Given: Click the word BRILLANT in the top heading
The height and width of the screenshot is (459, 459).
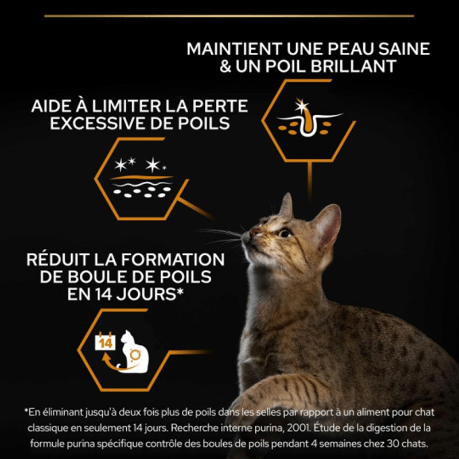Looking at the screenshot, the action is pyautogui.click(x=353, y=66).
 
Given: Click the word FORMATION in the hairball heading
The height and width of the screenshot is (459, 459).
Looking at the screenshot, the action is pyautogui.click(x=173, y=259).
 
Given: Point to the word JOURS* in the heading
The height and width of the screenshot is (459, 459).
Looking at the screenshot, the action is pyautogui.click(x=150, y=294).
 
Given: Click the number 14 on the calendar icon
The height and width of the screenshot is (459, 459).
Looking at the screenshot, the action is pyautogui.click(x=106, y=343).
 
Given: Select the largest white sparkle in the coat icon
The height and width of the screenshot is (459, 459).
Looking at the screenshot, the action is pyautogui.click(x=153, y=165).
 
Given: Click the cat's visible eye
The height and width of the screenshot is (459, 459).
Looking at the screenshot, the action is pyautogui.click(x=284, y=233).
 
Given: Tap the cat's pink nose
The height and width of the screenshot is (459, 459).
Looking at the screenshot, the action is pyautogui.click(x=254, y=233).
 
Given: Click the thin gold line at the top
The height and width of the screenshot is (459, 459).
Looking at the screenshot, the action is pyautogui.click(x=229, y=16).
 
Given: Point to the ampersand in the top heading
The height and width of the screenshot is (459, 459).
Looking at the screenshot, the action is pyautogui.click(x=225, y=67).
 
